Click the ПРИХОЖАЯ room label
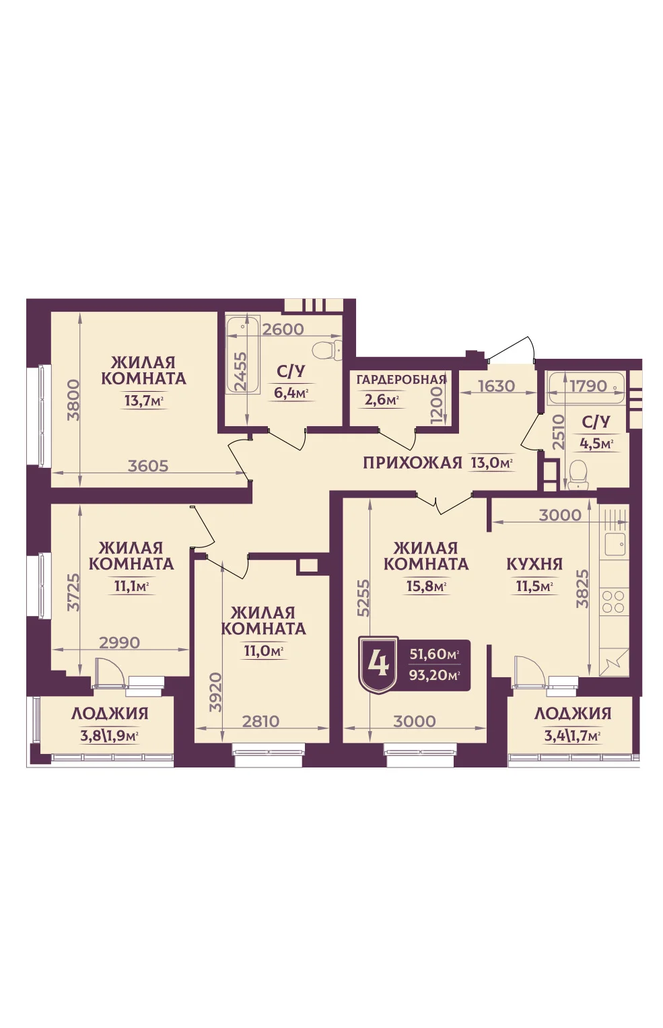412,462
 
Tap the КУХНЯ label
534,564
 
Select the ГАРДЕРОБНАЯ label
401,380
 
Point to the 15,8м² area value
427,586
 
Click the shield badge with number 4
378,665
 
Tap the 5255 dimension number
363,597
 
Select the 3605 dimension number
148,466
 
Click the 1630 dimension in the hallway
497,386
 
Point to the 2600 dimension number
283,329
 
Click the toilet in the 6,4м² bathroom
326,351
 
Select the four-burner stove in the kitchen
613,601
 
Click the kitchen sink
615,545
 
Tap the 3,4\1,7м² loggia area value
573,736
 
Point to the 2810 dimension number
260,721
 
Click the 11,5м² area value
534,586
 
